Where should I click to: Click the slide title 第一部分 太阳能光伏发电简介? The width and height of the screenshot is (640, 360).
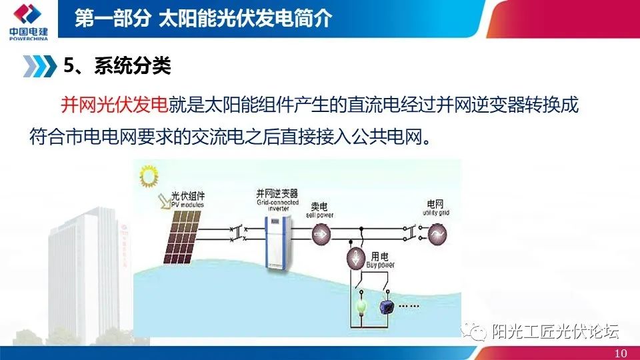click(203, 19)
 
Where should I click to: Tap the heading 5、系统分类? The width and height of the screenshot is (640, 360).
click(117, 66)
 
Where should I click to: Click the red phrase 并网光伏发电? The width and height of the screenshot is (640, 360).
click(115, 105)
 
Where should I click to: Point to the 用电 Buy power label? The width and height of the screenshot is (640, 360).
click(380, 260)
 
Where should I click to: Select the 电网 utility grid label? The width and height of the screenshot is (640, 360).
click(437, 207)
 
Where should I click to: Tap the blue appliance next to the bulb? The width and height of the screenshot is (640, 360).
click(387, 307)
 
